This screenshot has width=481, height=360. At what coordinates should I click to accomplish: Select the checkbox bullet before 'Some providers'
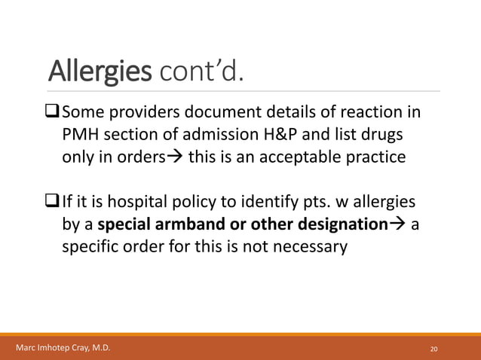click(x=53, y=114)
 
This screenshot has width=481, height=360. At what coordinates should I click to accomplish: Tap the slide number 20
click(x=434, y=349)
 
